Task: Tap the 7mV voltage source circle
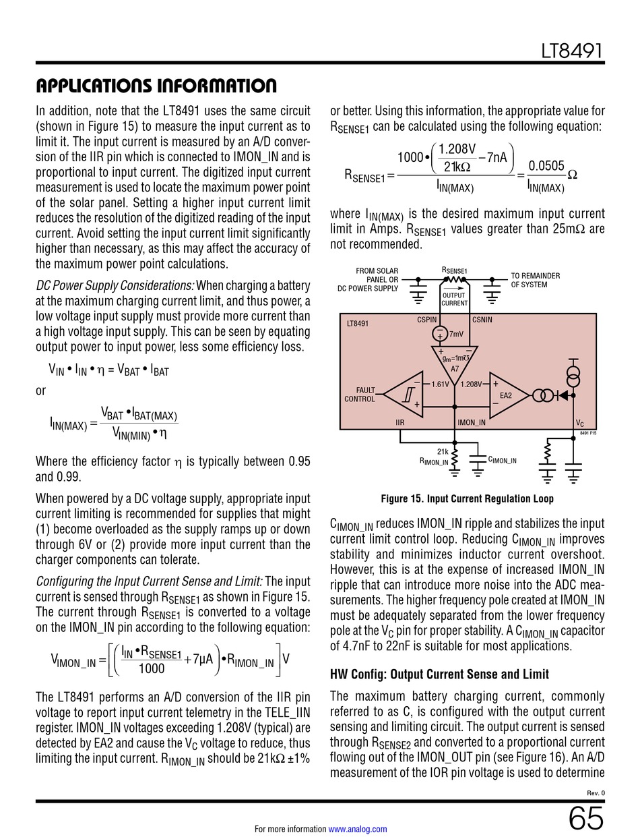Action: [x=440, y=333]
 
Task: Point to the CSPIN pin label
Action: [x=427, y=320]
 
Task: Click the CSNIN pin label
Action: [x=482, y=320]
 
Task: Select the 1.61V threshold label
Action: [x=439, y=384]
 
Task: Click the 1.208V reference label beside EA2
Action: [x=472, y=384]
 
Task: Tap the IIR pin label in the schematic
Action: [x=399, y=423]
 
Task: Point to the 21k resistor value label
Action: [x=443, y=452]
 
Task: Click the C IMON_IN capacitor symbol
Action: [x=477, y=459]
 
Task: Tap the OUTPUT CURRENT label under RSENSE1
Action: [x=455, y=299]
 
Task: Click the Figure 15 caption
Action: [x=467, y=499]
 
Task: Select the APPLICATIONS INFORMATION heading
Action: [x=156, y=86]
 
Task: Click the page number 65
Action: [x=586, y=819]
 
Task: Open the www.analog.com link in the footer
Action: [x=357, y=829]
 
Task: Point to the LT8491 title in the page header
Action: [x=573, y=51]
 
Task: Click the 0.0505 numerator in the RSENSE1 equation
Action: [x=546, y=166]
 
